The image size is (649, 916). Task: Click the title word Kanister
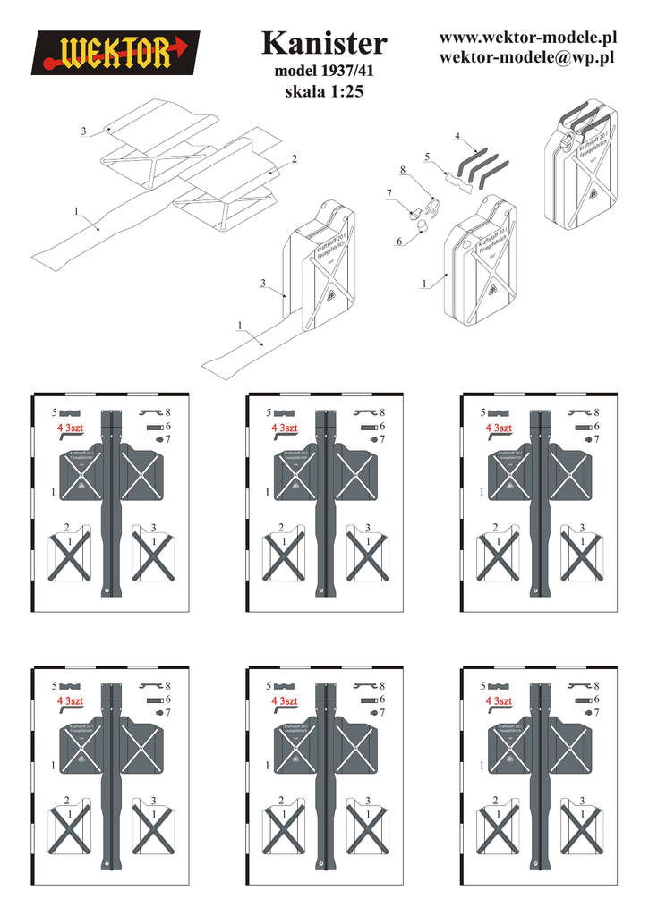pyautogui.click(x=325, y=43)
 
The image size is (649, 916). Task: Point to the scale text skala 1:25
pyautogui.click(x=323, y=91)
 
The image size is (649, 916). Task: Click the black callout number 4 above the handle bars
pyautogui.click(x=457, y=136)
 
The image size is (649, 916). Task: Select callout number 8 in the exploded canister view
pyautogui.click(x=403, y=169)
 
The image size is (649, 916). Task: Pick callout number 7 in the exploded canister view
pyautogui.click(x=389, y=193)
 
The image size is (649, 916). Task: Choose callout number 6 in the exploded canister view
pyautogui.click(x=398, y=242)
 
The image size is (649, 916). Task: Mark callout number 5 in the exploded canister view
pyautogui.click(x=428, y=157)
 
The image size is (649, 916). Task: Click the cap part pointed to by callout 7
pyautogui.click(x=414, y=212)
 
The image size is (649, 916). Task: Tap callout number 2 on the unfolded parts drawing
pyautogui.click(x=293, y=158)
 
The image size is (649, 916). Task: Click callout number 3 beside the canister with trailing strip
pyautogui.click(x=263, y=283)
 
